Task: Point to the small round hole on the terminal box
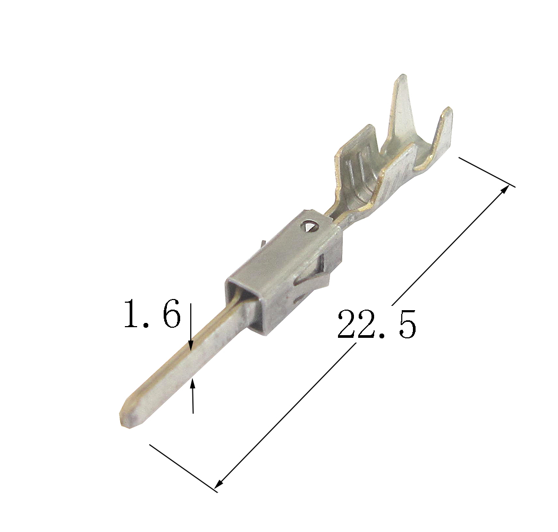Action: (309, 226)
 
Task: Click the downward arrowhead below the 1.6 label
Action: (191, 345)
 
